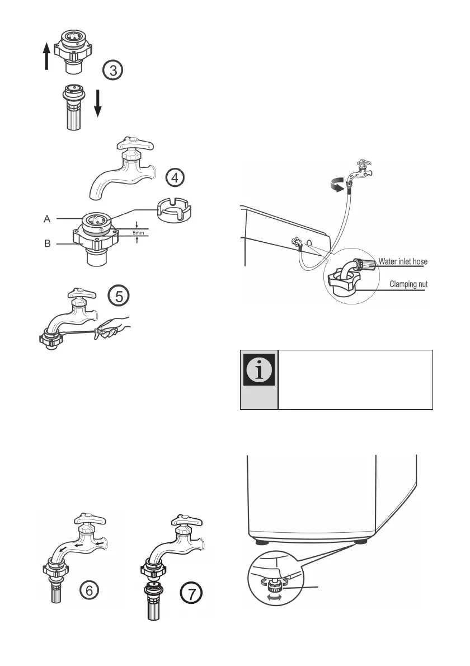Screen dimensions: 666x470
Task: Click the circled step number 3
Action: point(114,71)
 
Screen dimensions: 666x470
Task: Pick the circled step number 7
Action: point(191,594)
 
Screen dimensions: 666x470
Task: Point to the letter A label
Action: point(49,220)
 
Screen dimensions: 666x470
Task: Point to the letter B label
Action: point(49,243)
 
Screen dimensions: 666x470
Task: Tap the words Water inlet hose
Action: point(403,261)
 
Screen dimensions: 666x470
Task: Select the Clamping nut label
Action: point(407,284)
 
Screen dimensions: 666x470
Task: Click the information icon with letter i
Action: point(259,370)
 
